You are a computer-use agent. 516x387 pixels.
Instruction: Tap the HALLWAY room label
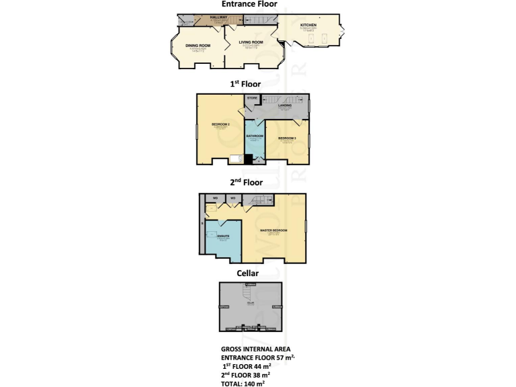[x=219, y=17]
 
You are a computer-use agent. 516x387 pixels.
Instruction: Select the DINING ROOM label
[x=198, y=46]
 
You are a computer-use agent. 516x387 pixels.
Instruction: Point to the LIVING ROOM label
[x=251, y=42]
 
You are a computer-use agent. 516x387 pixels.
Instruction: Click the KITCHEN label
[x=308, y=25]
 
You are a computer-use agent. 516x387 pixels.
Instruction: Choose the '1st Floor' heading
[x=247, y=84]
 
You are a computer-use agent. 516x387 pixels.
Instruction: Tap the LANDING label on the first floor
[x=285, y=105]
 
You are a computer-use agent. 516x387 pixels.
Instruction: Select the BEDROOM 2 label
[x=221, y=125]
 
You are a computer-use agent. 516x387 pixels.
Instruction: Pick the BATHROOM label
[x=254, y=136]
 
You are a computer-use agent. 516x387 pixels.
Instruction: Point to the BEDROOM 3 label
[x=287, y=138]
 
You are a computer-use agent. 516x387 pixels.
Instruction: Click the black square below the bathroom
[x=247, y=159]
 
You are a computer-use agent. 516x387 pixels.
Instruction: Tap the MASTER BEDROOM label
[x=273, y=230]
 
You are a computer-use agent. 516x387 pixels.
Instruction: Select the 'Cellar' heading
[x=247, y=273]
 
